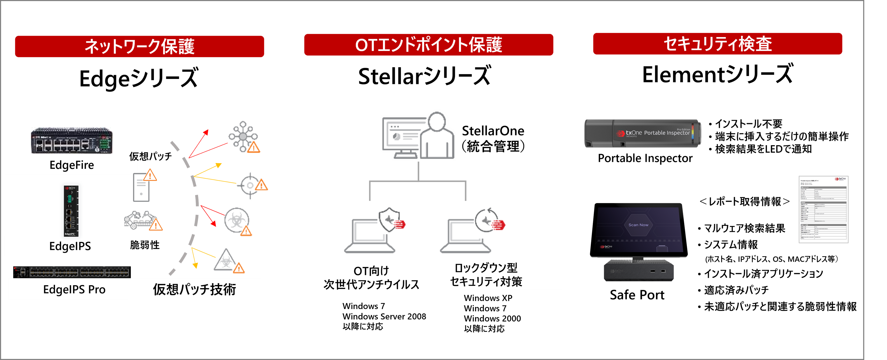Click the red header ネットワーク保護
click(x=139, y=46)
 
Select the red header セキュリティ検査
click(x=718, y=44)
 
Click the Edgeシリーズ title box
click(x=139, y=78)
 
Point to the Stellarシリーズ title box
click(x=425, y=76)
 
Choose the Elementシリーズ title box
click(x=718, y=74)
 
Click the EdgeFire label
click(x=72, y=165)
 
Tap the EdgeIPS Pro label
click(x=74, y=289)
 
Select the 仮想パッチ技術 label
click(x=194, y=289)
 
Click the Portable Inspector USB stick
click(x=643, y=133)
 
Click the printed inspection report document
click(x=823, y=209)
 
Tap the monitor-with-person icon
click(x=418, y=135)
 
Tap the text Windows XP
click(x=488, y=298)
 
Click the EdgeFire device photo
click(x=72, y=140)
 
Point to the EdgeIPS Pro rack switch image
click(x=71, y=272)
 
